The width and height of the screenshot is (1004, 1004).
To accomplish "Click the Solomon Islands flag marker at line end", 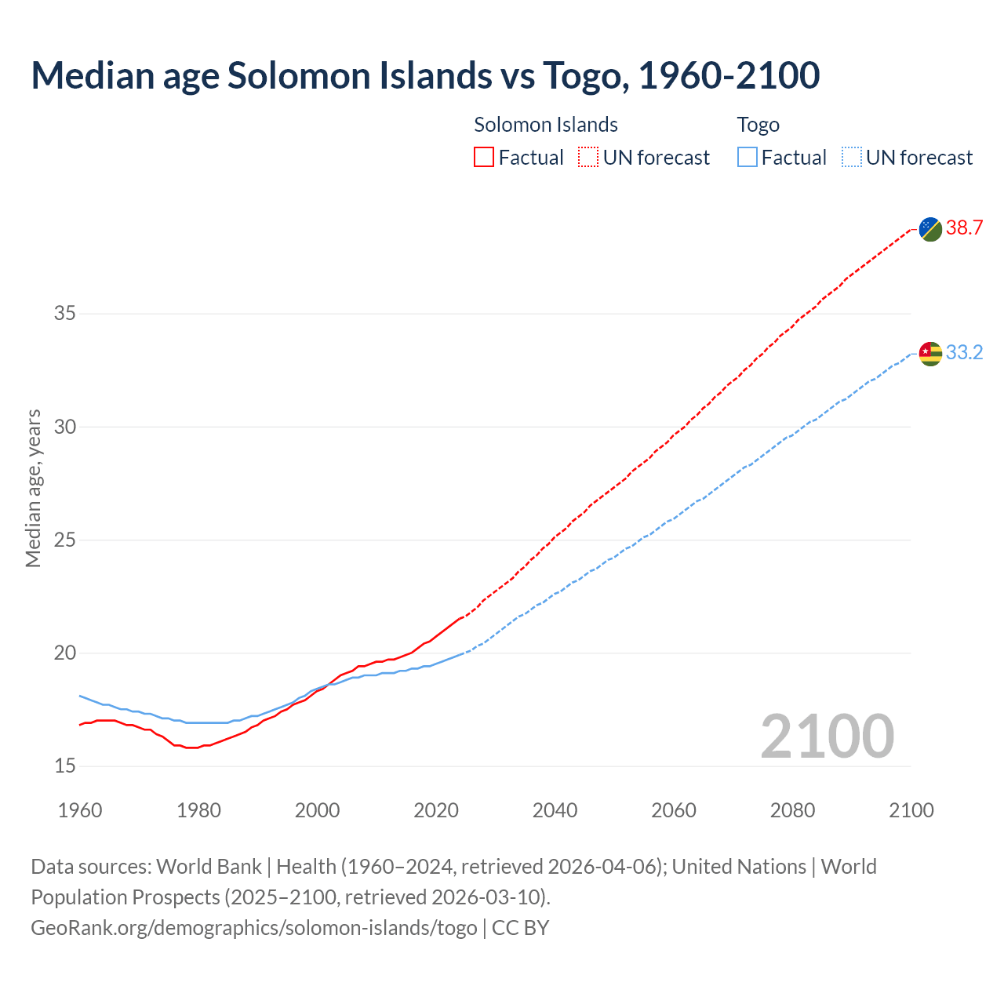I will click(930, 229).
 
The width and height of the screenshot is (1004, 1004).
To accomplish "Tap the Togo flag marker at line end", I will click(930, 354).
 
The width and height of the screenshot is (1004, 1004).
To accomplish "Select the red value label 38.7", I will click(964, 228).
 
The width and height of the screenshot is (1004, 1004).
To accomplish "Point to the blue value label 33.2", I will click(964, 353).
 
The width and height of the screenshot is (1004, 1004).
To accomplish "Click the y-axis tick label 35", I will click(65, 314).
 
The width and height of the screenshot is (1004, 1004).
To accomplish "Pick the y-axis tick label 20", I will click(65, 653).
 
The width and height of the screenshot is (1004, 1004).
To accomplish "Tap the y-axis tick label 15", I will click(65, 766).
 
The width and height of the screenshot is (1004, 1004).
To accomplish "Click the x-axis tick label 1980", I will click(198, 810).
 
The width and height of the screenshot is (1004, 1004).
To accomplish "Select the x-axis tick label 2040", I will click(555, 810).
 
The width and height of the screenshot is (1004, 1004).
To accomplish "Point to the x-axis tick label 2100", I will click(911, 810).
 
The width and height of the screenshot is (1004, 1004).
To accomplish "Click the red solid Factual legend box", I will click(484, 158).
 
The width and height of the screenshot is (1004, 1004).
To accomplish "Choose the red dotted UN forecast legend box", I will click(588, 158).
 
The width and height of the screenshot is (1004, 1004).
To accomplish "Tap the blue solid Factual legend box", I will click(748, 158).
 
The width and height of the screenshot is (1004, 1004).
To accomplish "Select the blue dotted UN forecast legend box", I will click(851, 158).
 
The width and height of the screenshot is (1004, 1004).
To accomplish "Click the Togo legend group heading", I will click(758, 125).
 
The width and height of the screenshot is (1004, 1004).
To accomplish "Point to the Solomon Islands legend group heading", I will click(546, 125).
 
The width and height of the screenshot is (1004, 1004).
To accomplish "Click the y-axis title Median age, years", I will click(33, 488).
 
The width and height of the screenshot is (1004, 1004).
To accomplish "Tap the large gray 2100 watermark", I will click(827, 736).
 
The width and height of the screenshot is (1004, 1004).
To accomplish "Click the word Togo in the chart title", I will click(584, 75).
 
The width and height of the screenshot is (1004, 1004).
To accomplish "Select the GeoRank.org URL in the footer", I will click(253, 928).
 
